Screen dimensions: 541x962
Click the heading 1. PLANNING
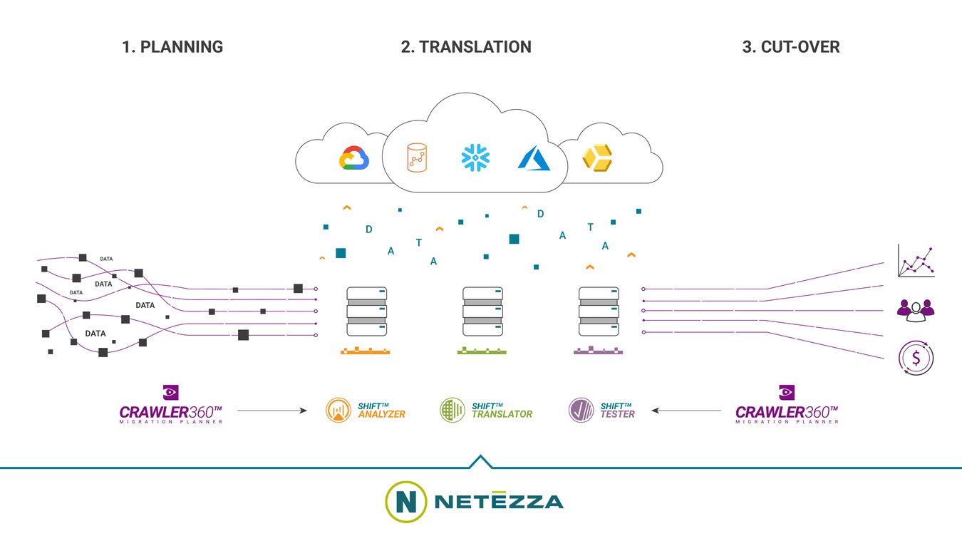[x=172, y=47]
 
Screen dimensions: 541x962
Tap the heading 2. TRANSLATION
[x=466, y=47]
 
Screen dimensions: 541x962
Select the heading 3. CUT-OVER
[x=790, y=47]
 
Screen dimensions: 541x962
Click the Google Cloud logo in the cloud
[x=353, y=158]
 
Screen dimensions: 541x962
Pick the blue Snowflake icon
[x=475, y=158]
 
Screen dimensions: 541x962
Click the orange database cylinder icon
[x=418, y=158]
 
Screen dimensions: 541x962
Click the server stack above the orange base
[x=366, y=311]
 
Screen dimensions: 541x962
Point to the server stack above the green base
[x=482, y=311]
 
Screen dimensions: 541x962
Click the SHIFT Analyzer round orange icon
[x=338, y=410]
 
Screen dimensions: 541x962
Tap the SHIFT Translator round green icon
[x=452, y=410]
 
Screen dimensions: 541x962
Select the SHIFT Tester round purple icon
[x=581, y=410]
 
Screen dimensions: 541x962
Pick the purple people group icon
[x=916, y=308]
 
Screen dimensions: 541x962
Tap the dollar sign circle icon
[x=916, y=358]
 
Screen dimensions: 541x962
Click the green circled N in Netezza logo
[x=405, y=502]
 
